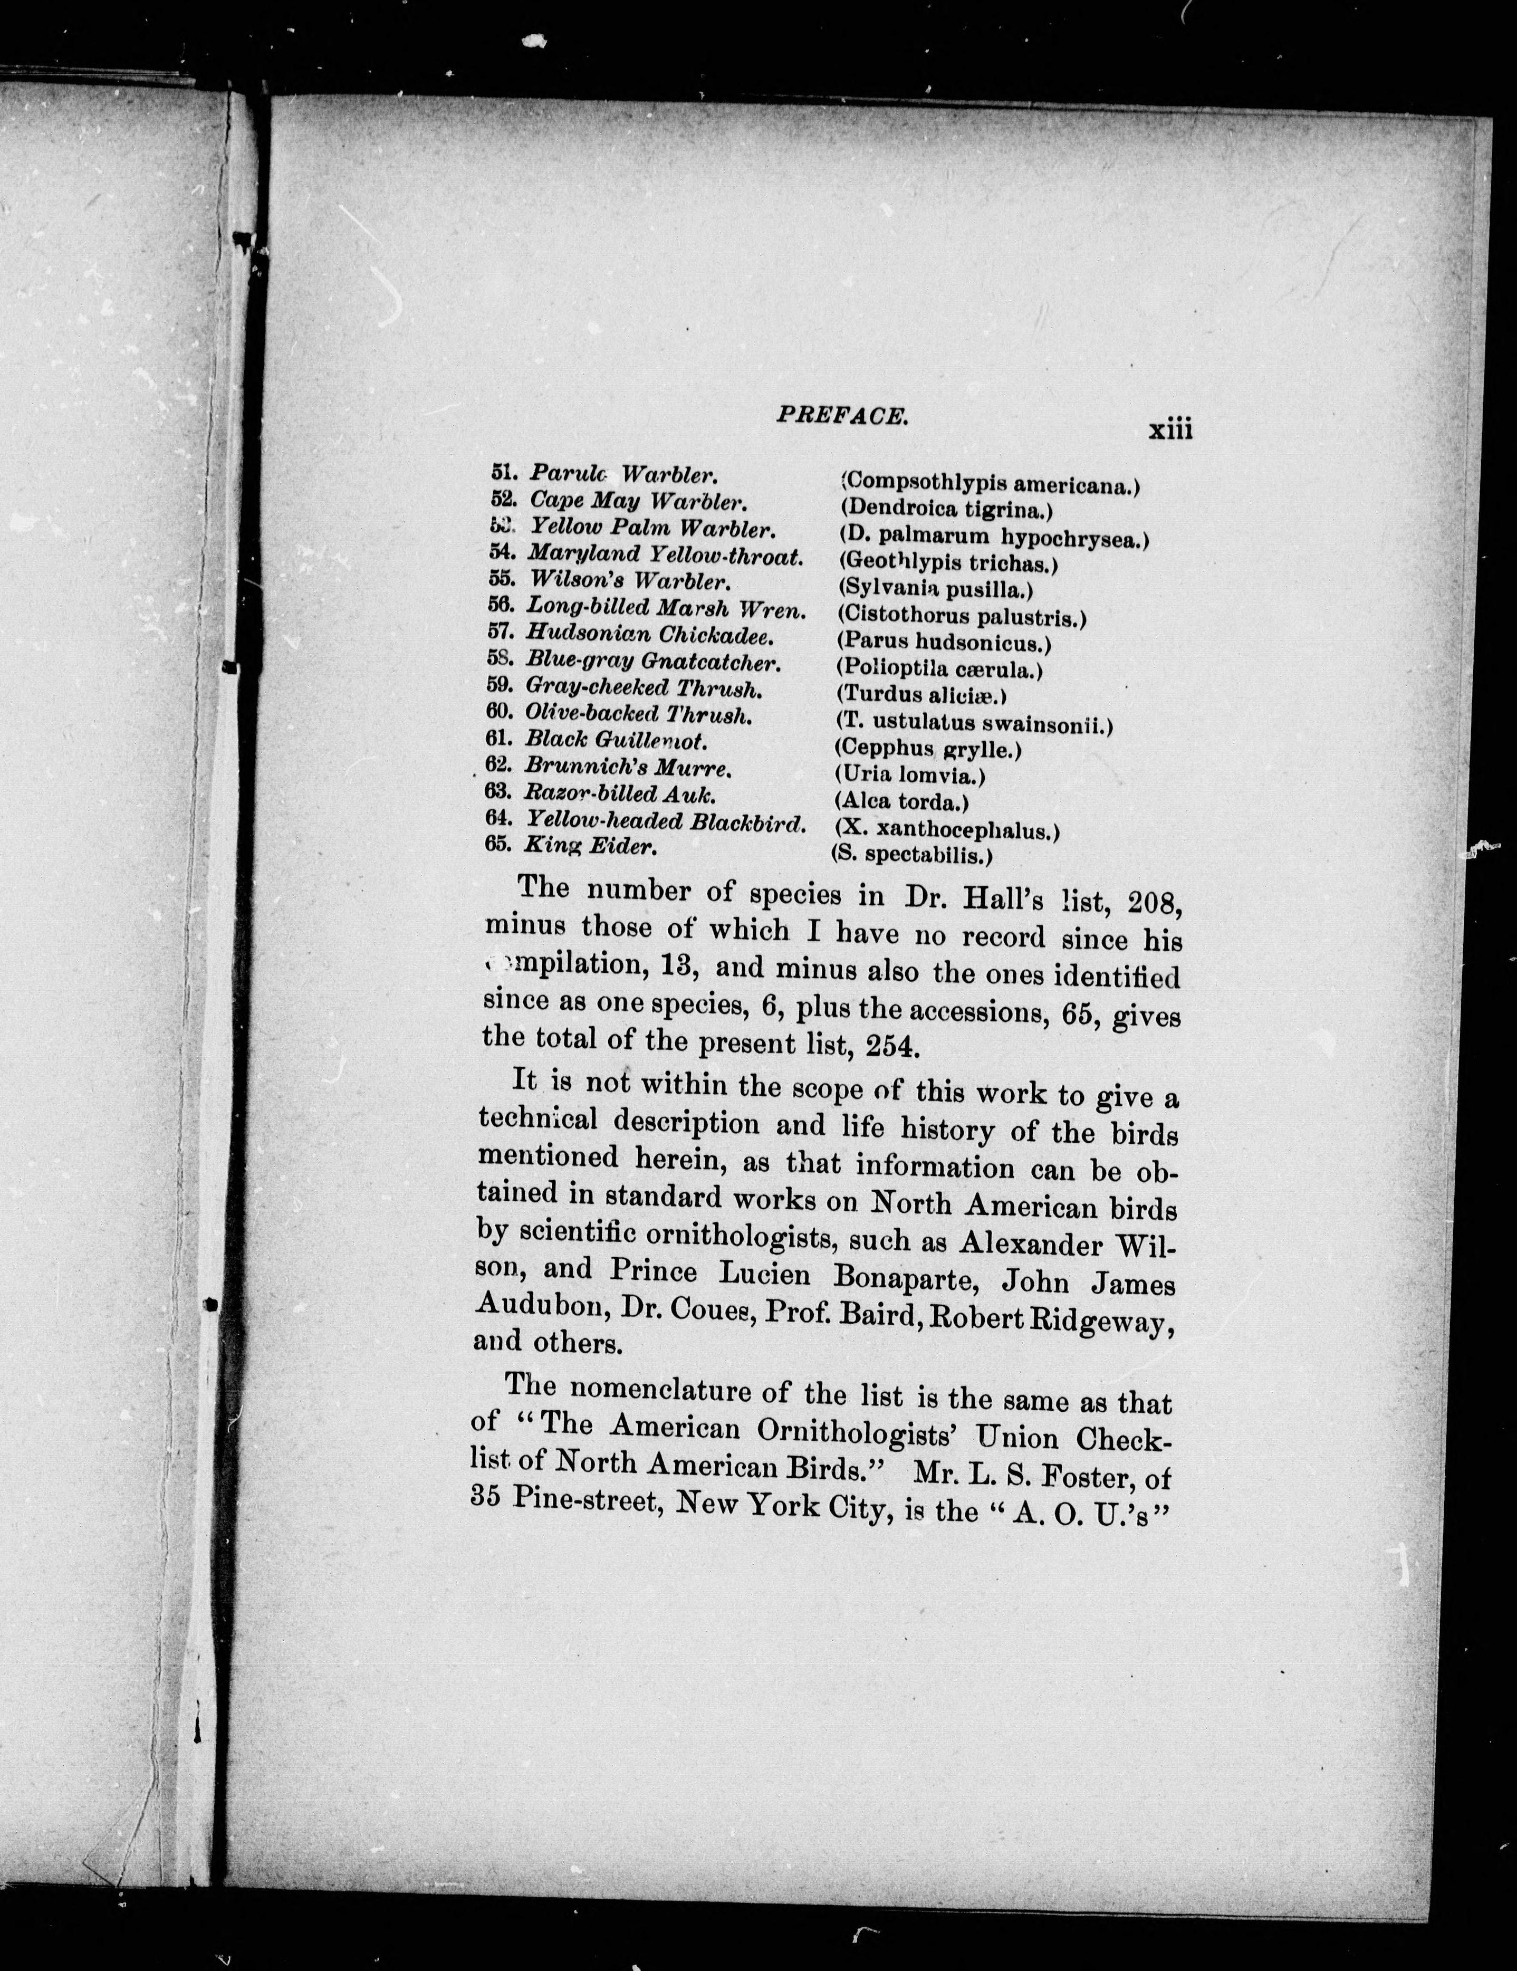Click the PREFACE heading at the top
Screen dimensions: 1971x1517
click(841, 416)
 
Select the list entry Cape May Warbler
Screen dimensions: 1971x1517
click(637, 501)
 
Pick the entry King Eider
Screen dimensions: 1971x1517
click(591, 846)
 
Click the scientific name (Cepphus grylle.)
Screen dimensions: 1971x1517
click(928, 748)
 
